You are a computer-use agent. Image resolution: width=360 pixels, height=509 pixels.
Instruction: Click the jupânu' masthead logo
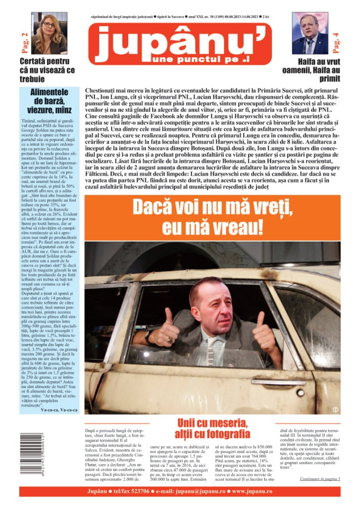180,43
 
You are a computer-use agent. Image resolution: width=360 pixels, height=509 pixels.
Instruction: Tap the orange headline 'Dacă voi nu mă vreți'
212,217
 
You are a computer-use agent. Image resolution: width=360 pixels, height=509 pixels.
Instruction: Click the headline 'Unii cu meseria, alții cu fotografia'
213,428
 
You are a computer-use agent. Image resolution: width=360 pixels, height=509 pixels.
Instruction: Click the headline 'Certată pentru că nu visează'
44,70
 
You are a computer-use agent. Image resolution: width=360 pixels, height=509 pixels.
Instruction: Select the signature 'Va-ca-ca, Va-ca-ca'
60,409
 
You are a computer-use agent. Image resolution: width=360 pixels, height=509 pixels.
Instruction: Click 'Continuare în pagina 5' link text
320,478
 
